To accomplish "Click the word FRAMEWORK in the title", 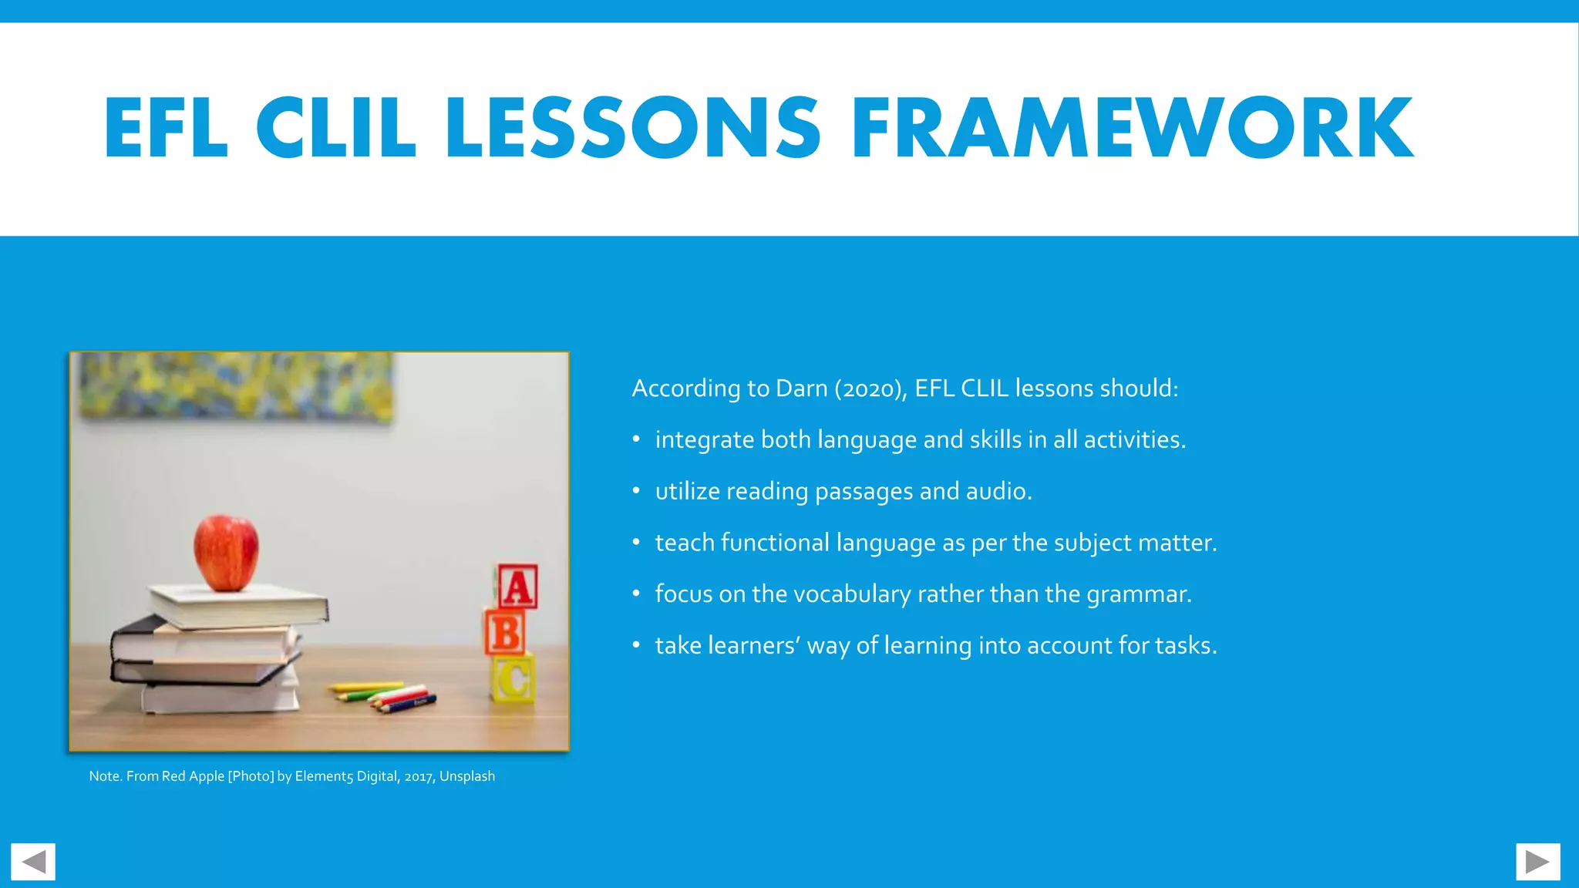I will (x=1132, y=128).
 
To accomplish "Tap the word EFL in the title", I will (x=167, y=128).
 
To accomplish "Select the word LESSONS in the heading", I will (x=632, y=128).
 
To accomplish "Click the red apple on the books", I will (x=226, y=552).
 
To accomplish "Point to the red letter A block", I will (x=517, y=587).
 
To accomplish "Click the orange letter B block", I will (x=506, y=634).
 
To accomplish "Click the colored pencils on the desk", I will (x=384, y=694).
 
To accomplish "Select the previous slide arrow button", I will (x=33, y=862).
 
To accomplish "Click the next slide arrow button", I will (x=1537, y=862).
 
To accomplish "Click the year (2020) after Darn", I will (x=868, y=388).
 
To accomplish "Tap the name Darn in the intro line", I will (x=801, y=388).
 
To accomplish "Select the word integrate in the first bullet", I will (x=704, y=440).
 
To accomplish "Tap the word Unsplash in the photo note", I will (x=467, y=776).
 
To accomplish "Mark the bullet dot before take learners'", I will (x=636, y=645).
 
